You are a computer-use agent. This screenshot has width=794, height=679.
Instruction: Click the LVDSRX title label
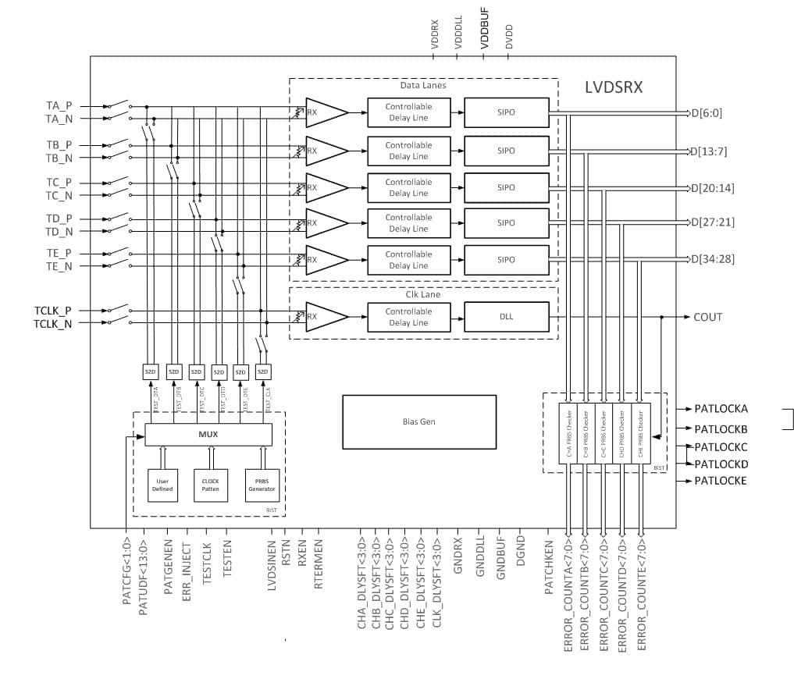(x=614, y=87)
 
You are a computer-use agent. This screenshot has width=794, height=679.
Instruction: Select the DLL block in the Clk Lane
(x=506, y=317)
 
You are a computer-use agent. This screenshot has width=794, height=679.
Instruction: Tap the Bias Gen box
(x=419, y=421)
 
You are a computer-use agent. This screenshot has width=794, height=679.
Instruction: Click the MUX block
(x=208, y=435)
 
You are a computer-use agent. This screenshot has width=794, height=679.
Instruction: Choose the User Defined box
(x=162, y=484)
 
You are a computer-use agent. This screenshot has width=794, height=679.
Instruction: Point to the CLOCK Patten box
(x=211, y=484)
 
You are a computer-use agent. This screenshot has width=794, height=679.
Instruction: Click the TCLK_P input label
(x=53, y=310)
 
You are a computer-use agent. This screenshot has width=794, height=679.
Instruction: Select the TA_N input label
(x=59, y=119)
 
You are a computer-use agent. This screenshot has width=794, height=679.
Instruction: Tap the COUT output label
(x=708, y=317)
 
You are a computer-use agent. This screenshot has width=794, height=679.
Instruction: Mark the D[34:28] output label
(x=712, y=259)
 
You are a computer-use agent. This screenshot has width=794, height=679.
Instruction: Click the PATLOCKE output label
(x=721, y=481)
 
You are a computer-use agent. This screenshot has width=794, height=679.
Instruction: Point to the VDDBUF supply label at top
(x=485, y=37)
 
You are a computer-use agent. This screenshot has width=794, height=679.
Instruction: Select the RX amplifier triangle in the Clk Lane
(x=326, y=317)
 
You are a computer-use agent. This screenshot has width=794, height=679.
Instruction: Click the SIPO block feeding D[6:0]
(x=506, y=112)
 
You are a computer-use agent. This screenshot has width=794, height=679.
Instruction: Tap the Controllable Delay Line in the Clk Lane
(x=408, y=317)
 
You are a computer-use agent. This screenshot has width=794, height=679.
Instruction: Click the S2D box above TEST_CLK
(x=263, y=371)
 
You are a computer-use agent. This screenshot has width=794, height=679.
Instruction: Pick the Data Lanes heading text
(x=422, y=85)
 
